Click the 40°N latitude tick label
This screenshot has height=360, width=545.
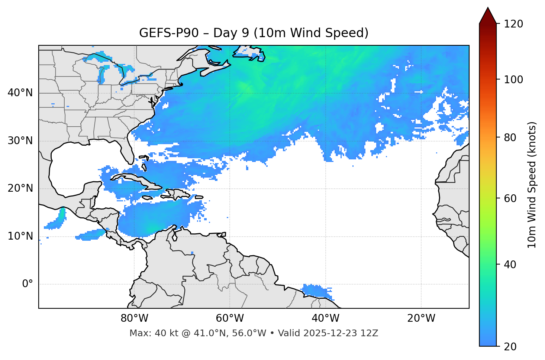click(x=20, y=93)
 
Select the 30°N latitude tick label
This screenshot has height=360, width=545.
click(x=20, y=141)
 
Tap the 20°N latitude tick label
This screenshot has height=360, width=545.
click(x=20, y=188)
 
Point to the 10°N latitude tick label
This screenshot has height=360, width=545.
click(x=20, y=236)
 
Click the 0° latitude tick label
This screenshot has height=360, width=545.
click(x=27, y=284)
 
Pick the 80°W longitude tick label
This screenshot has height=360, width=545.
click(x=134, y=318)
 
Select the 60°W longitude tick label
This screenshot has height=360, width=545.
click(x=230, y=318)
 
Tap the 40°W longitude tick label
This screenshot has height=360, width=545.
click(x=325, y=318)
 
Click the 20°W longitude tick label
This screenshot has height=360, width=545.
click(x=421, y=318)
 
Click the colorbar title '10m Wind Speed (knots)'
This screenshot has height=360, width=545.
click(x=532, y=185)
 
